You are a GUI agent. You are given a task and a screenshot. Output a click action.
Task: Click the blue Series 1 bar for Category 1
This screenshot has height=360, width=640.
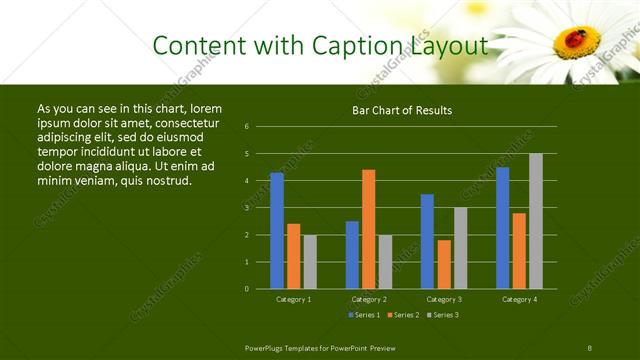[x=277, y=231]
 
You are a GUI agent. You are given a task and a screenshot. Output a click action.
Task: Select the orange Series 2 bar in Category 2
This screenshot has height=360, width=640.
[x=369, y=229]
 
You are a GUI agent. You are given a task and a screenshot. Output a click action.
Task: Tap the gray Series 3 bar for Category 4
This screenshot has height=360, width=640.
[x=535, y=221]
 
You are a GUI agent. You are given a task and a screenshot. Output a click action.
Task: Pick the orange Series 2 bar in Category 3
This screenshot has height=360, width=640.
[x=444, y=264]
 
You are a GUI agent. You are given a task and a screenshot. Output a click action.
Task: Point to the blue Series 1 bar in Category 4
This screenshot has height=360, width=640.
[x=502, y=228]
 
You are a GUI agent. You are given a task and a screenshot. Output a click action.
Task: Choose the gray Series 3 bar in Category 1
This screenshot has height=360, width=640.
[x=310, y=262]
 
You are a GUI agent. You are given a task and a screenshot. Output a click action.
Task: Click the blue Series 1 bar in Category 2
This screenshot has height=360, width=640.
[x=352, y=255]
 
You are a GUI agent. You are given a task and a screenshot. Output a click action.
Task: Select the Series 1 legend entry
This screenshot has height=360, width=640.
[x=362, y=315]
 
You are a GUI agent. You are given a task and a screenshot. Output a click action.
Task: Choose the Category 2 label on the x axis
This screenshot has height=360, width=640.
[x=368, y=299]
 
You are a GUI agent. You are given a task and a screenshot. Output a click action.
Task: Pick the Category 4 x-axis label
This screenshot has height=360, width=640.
[x=518, y=299]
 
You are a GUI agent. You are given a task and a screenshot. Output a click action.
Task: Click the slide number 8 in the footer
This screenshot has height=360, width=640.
[x=590, y=347]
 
